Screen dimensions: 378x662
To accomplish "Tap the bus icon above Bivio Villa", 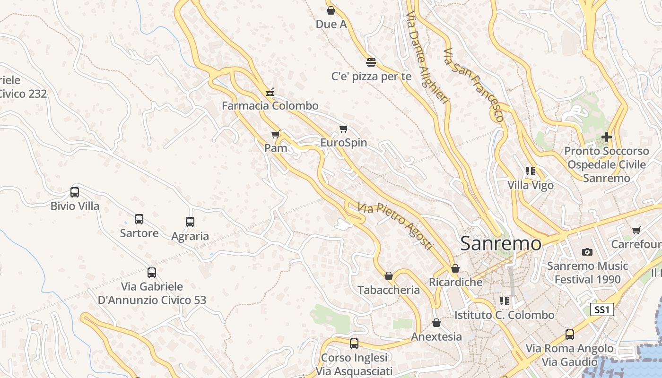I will (x=75, y=192).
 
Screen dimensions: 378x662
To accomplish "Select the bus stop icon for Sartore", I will (x=139, y=219).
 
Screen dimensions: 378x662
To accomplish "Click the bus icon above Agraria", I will (x=190, y=222).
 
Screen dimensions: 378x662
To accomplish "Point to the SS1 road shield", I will (x=602, y=310).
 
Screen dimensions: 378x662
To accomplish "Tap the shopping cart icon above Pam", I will (x=276, y=135).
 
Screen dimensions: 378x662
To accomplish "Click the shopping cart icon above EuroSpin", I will (x=344, y=129).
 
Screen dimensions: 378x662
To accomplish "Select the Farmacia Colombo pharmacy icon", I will (x=270, y=92).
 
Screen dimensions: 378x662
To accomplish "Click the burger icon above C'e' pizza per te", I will (x=371, y=62).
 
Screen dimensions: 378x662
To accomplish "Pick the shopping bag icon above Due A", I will (x=331, y=10).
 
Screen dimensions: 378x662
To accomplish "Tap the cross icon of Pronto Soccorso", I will (x=606, y=137).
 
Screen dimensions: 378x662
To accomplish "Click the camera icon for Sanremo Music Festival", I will (x=587, y=252).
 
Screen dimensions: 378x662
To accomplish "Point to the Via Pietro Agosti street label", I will (x=395, y=226).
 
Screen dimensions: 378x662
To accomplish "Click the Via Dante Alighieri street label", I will (x=427, y=57).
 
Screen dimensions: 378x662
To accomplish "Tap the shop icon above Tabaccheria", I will (x=389, y=276).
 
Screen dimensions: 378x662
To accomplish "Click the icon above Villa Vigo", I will (x=531, y=171).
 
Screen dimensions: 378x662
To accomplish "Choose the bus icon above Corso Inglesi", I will (x=354, y=344).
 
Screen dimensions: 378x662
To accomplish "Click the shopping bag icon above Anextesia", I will (x=436, y=323).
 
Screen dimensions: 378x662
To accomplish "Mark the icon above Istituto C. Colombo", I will (x=505, y=301).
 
